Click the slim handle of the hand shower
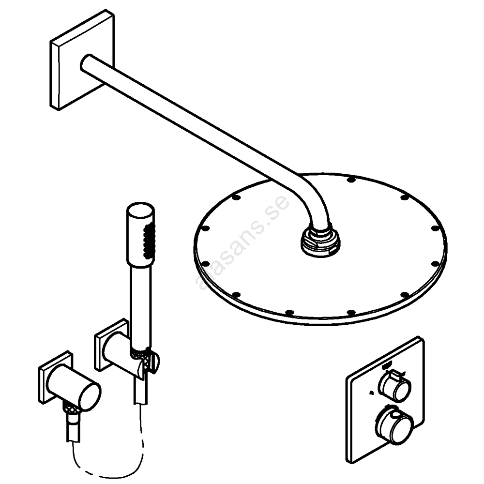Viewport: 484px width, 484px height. (138, 300)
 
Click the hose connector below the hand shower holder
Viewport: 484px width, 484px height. (140, 392)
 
